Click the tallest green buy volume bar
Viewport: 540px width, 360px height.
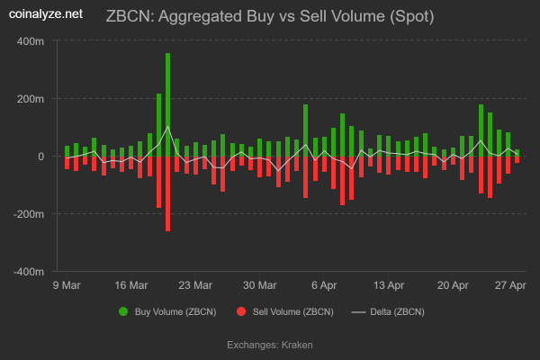coord(167,103)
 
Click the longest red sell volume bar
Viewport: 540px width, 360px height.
coord(167,193)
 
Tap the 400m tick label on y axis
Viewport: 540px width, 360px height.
coord(31,41)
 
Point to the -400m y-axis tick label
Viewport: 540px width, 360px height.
coord(29,271)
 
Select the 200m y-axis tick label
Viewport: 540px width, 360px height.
coord(31,99)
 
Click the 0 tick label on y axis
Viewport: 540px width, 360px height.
coord(40,157)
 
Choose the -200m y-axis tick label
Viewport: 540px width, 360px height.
coord(29,214)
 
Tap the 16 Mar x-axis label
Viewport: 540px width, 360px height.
coord(131,285)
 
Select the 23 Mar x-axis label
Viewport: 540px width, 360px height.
coord(195,285)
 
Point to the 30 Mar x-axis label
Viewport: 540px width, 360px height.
coord(260,285)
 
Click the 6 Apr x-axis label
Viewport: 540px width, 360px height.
coord(324,285)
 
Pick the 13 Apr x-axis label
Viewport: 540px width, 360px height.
coord(389,285)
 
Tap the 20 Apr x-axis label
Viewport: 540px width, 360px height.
coord(453,285)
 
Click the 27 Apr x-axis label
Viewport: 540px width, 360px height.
coord(511,285)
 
